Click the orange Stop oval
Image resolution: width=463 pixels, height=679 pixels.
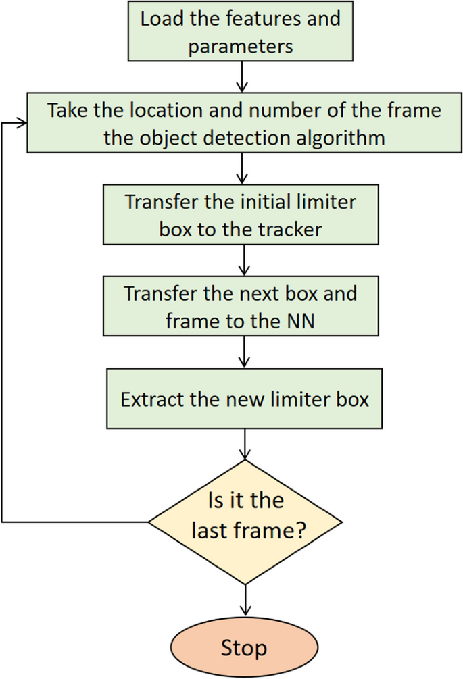pyautogui.click(x=243, y=648)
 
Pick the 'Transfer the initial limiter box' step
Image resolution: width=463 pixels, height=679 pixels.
pyautogui.click(x=240, y=216)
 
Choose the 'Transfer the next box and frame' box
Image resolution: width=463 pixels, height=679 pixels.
pyautogui.click(x=240, y=307)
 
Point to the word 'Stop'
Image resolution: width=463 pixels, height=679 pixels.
pyautogui.click(x=243, y=649)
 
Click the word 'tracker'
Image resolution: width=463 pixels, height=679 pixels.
pyautogui.click(x=289, y=229)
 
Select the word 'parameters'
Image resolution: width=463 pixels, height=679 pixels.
pyautogui.click(x=240, y=46)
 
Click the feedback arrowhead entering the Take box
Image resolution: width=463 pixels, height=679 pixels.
pyautogui.click(x=22, y=123)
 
